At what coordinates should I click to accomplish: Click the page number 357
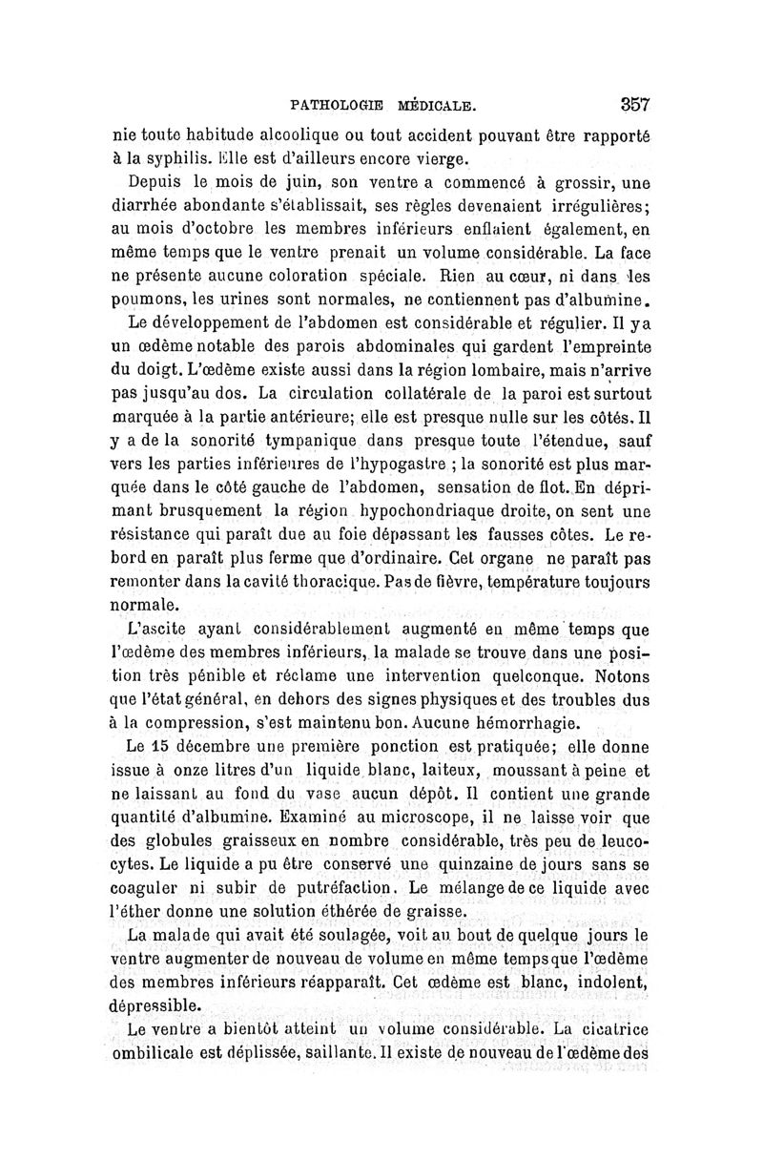coord(634,103)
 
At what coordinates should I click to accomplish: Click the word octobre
coord(208,234)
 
